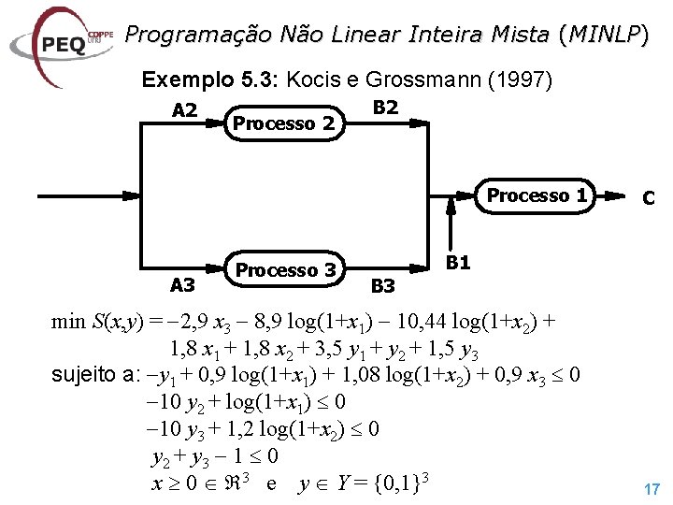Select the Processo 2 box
pyautogui.click(x=283, y=123)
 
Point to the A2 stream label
pyautogui.click(x=185, y=110)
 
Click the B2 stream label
pyautogui.click(x=385, y=108)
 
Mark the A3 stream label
pyautogui.click(x=182, y=284)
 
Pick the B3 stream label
pyautogui.click(x=383, y=284)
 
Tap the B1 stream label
pyautogui.click(x=457, y=263)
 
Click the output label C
pyautogui.click(x=647, y=198)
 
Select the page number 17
pyautogui.click(x=652, y=488)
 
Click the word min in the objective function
pyautogui.click(x=68, y=323)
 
